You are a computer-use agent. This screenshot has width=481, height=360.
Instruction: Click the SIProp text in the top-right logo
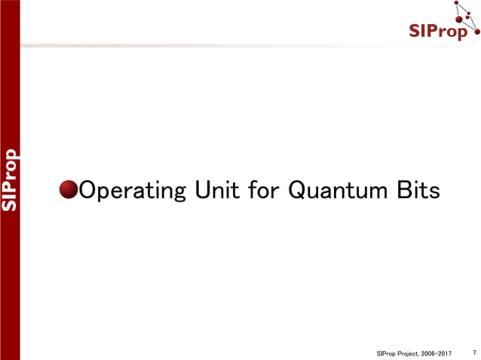[440, 31]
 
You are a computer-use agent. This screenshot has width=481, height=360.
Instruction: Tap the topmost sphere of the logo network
[457, 4]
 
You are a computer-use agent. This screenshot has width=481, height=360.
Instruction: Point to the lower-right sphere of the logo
[477, 33]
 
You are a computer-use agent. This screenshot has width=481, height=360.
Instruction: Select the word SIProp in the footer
[384, 352]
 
